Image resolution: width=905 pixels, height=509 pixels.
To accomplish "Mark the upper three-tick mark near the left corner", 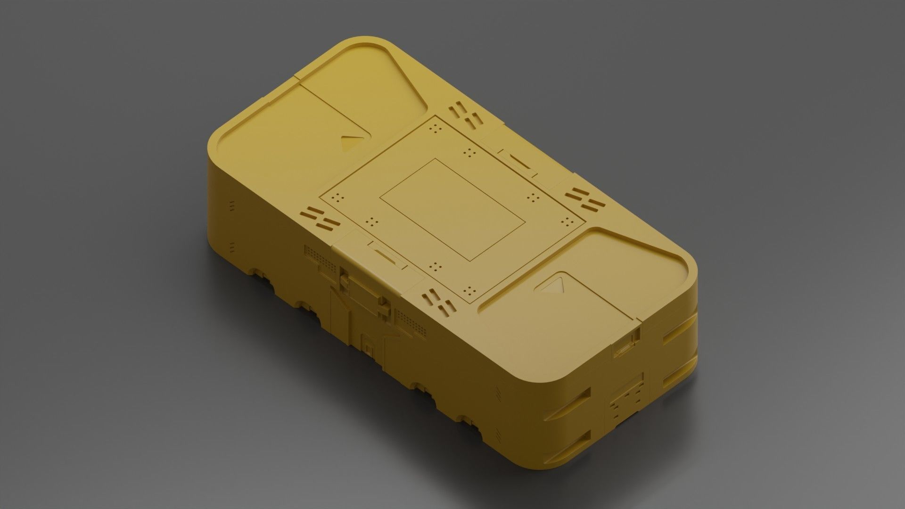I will (x=231, y=206).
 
